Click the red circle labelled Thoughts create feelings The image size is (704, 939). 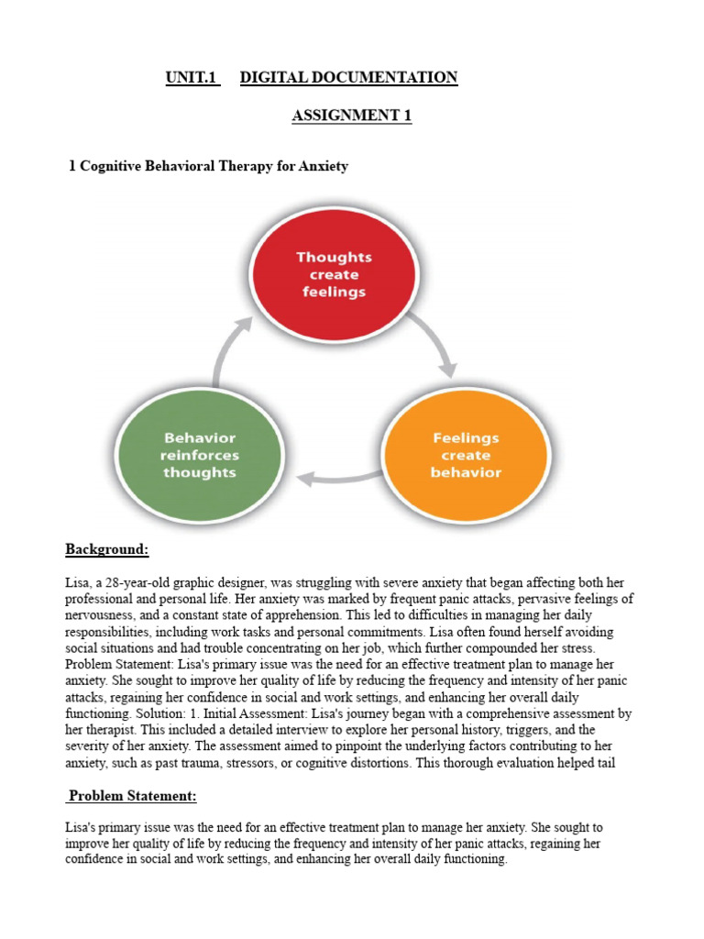tap(334, 274)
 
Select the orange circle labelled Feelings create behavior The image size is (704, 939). tap(466, 456)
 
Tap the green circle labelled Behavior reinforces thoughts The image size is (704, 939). tap(199, 456)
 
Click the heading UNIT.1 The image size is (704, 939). tap(192, 78)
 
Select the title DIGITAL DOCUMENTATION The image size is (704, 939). tap(348, 78)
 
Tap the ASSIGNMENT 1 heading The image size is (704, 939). tap(352, 116)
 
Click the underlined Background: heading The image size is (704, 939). tap(106, 549)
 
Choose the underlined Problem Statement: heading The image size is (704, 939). tap(132, 796)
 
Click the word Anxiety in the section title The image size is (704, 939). tap(322, 166)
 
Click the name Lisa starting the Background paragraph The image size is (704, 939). tap(77, 583)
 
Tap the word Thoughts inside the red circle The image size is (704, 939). tap(334, 257)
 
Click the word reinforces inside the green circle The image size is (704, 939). tap(199, 456)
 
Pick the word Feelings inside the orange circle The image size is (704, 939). tap(466, 438)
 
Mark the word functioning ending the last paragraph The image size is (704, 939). tap(472, 859)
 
